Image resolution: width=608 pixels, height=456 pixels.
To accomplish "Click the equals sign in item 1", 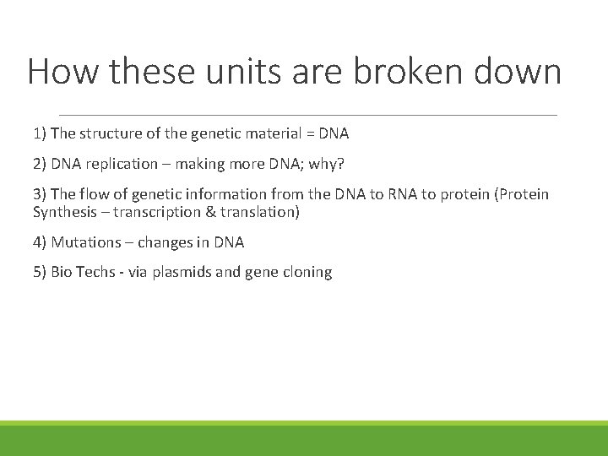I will point(310,133).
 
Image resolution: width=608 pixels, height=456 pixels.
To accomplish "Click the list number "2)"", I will point(41,163).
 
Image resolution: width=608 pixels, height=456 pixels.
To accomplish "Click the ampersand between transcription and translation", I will point(213,212).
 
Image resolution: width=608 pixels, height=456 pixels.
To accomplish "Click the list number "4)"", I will point(41,242).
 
